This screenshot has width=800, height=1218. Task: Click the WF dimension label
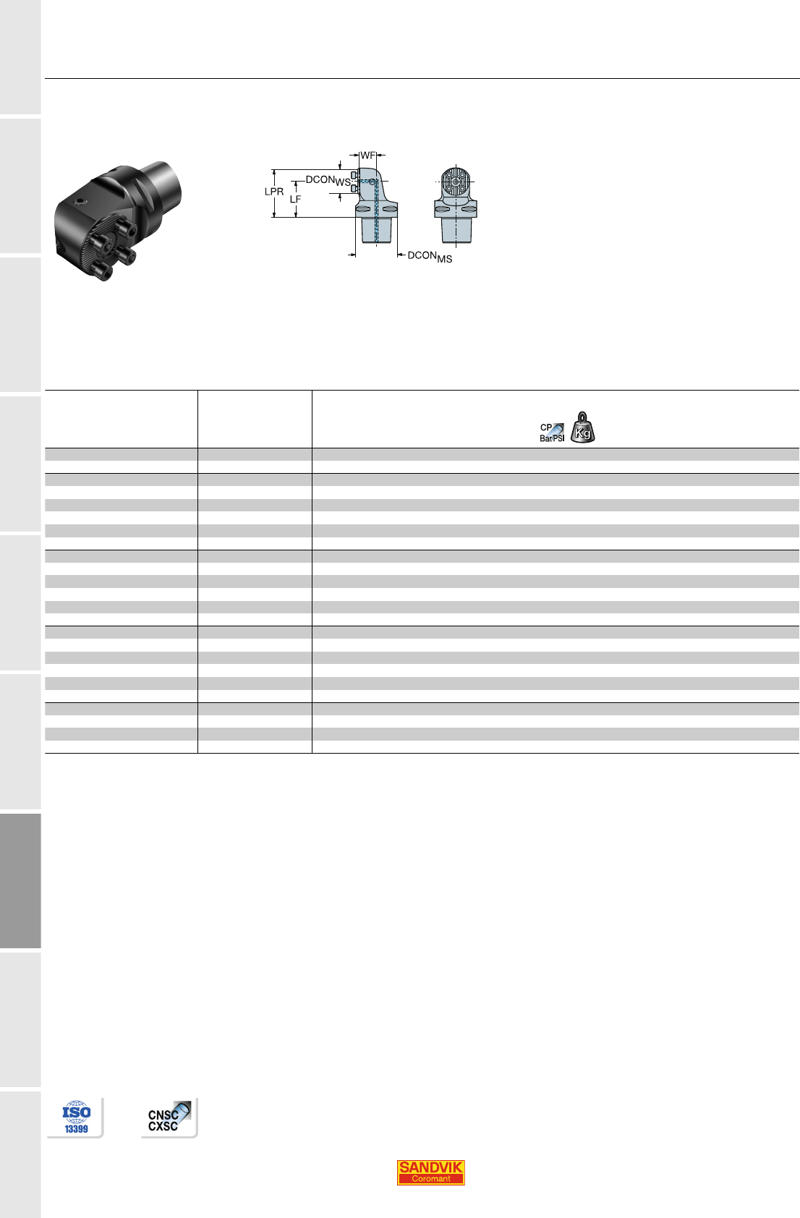367,156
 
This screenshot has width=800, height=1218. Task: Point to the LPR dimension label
274,192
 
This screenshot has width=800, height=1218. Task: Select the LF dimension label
295,200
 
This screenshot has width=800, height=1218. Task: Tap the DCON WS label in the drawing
328,181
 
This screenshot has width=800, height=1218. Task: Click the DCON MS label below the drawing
430,257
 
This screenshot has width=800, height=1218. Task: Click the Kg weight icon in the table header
582,427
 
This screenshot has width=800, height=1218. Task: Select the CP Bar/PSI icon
552,433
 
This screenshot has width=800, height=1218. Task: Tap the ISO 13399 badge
76,1117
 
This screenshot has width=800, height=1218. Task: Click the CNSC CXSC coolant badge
169,1118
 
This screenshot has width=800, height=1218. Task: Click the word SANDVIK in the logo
430,1167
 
